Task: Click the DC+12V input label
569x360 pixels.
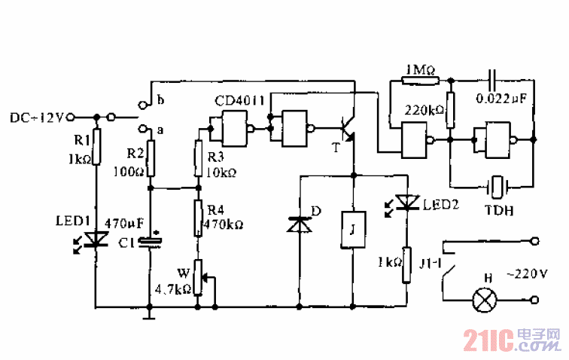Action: click(36, 117)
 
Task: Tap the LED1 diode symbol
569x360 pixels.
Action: click(96, 239)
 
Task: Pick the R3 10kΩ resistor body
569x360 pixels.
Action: click(199, 156)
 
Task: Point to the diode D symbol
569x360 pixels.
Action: click(300, 224)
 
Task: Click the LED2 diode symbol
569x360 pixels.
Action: click(407, 203)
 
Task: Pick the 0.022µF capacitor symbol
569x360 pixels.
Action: click(492, 78)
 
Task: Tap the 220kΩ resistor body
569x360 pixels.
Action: click(449, 105)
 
